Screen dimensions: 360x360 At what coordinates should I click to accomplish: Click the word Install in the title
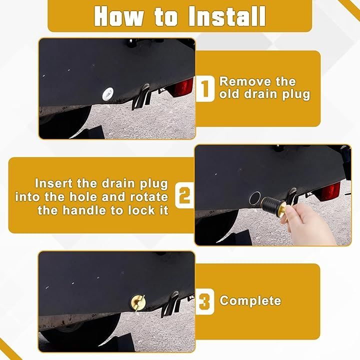pyautogui.click(x=227, y=16)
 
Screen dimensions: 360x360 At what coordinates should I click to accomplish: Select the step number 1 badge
pyautogui.click(x=205, y=88)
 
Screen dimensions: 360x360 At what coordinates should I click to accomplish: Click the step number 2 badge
pyautogui.click(x=184, y=195)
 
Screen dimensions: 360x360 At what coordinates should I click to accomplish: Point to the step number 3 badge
pyautogui.click(x=205, y=301)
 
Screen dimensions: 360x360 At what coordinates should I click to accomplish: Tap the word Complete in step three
pyautogui.click(x=250, y=301)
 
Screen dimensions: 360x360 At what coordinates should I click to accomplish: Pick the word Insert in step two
pyautogui.click(x=53, y=183)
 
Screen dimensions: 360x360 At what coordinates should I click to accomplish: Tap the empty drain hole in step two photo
pyautogui.click(x=255, y=198)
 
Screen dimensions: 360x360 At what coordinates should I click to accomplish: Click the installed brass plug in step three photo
pyautogui.click(x=138, y=302)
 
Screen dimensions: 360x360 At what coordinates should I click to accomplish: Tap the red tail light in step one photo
pyautogui.click(x=183, y=88)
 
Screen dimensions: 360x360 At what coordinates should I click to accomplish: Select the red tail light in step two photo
pyautogui.click(x=330, y=192)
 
